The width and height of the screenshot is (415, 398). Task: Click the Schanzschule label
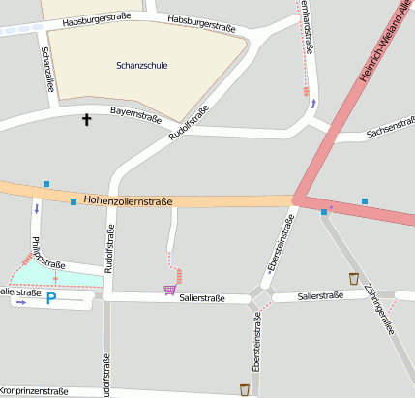click(141, 65)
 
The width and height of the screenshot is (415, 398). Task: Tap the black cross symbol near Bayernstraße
click(87, 120)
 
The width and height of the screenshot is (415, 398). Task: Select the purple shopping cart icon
click(170, 289)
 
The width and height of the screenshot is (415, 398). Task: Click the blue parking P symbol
click(52, 301)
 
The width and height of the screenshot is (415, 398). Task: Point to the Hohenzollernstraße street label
click(128, 201)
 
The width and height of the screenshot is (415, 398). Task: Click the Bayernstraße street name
click(134, 113)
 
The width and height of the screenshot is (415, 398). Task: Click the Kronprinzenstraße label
click(34, 391)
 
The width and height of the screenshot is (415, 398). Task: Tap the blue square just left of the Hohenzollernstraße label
click(74, 201)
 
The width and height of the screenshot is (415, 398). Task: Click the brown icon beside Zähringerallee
click(353, 278)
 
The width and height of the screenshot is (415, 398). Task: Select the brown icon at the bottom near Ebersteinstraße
click(245, 388)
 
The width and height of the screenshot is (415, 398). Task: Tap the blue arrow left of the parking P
click(21, 302)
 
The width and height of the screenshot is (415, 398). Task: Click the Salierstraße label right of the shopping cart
click(200, 298)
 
